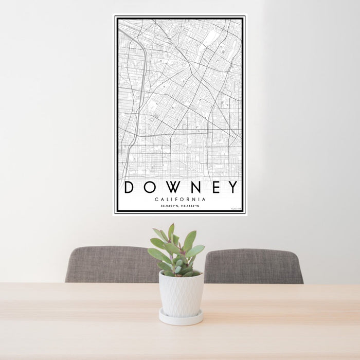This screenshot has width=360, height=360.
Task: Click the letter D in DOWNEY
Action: (129, 187)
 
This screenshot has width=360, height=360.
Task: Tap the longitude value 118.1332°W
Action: (189, 206)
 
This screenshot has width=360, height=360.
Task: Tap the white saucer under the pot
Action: (181, 318)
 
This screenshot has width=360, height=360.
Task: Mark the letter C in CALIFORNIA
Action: (156, 200)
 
